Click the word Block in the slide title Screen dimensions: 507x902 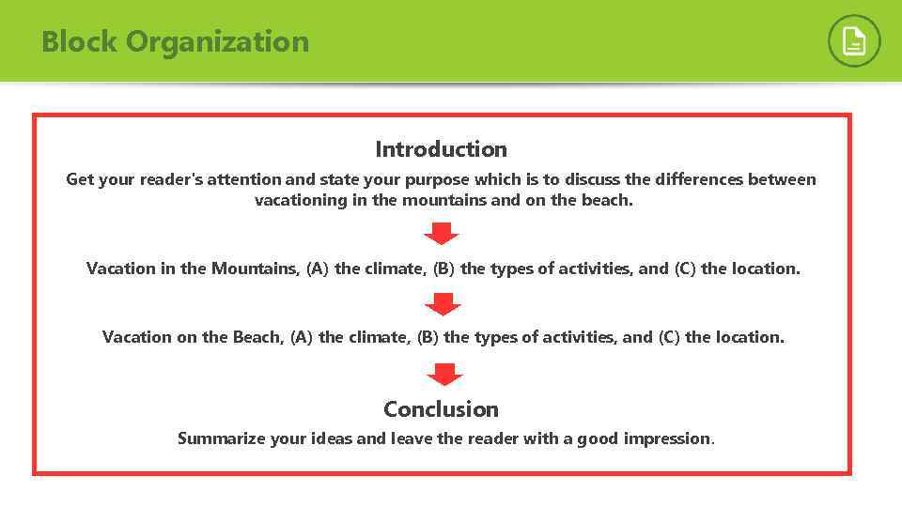(79, 42)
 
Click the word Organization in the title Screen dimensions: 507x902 (217, 42)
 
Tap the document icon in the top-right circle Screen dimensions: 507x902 (854, 41)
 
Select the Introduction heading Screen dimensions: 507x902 (441, 149)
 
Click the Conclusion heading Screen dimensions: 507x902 (441, 409)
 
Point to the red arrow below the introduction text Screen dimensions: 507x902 (441, 233)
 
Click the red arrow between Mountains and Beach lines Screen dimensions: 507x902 (443, 303)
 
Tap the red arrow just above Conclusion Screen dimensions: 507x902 (444, 374)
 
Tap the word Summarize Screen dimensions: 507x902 (222, 438)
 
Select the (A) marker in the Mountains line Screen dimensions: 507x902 (318, 269)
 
